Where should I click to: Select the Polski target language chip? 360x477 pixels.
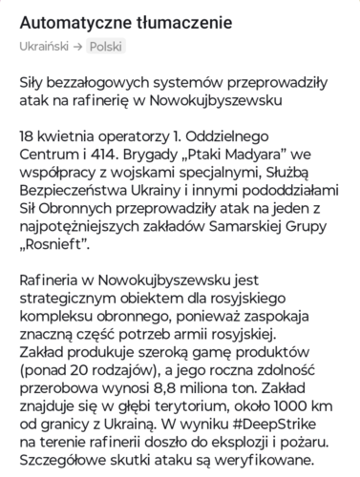click(106, 46)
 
